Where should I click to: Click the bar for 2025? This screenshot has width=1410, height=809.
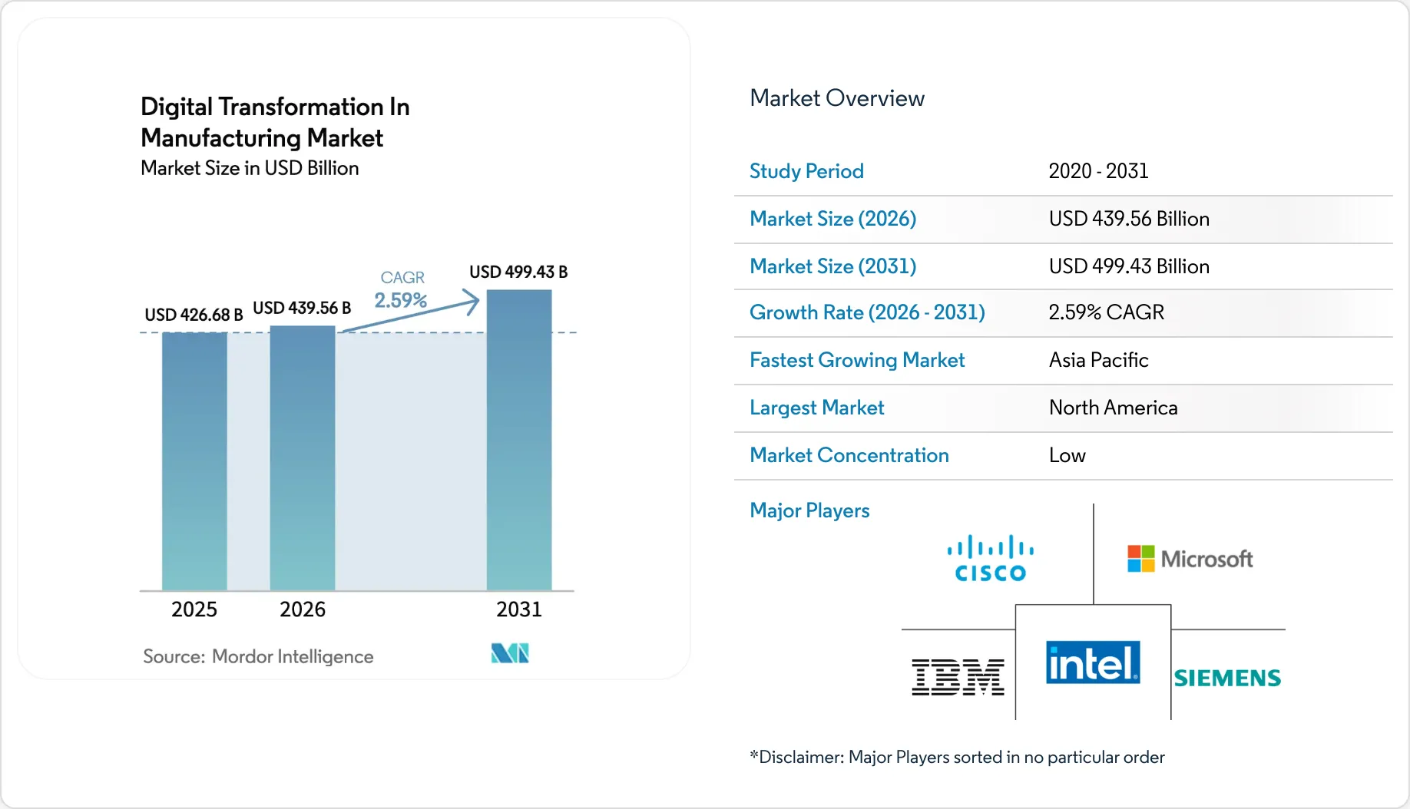(194, 461)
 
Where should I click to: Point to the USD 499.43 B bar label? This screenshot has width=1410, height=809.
(518, 272)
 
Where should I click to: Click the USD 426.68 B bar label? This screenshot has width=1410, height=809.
(194, 315)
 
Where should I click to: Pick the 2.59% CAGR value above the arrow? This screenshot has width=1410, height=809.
(400, 300)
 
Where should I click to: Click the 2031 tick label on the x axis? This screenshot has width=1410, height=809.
(519, 609)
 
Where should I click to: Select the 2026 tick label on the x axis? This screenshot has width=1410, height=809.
(303, 609)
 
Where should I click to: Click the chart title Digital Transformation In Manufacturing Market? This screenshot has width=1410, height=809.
(275, 122)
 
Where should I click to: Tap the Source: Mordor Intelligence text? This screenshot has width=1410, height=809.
(258, 656)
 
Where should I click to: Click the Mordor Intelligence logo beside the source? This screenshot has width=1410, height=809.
(510, 653)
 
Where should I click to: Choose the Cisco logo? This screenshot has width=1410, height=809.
(991, 559)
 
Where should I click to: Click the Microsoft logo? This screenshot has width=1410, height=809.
(1190, 559)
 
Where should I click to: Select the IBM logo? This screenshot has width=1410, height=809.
(958, 677)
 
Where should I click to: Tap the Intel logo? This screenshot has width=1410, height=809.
(1093, 662)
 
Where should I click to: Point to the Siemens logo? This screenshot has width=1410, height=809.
(1227, 678)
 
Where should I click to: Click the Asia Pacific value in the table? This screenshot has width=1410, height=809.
(1098, 360)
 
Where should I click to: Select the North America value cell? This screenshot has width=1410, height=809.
(1113, 408)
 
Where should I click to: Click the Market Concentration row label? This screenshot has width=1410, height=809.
(849, 455)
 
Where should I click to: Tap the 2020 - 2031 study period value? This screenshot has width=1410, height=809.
(1098, 171)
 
